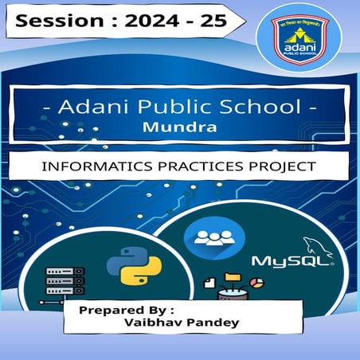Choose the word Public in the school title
[184, 108]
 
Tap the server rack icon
[65, 281]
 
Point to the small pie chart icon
[256, 283]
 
